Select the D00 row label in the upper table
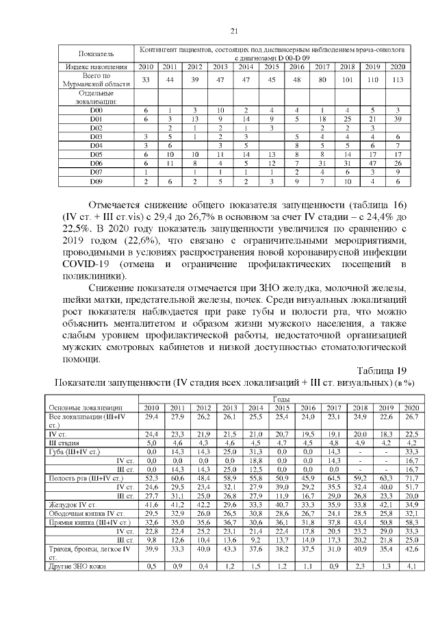point(96,110)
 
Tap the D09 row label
point(96,182)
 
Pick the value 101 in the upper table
point(347,80)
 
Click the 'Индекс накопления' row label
point(96,66)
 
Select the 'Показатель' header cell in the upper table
point(96,53)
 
